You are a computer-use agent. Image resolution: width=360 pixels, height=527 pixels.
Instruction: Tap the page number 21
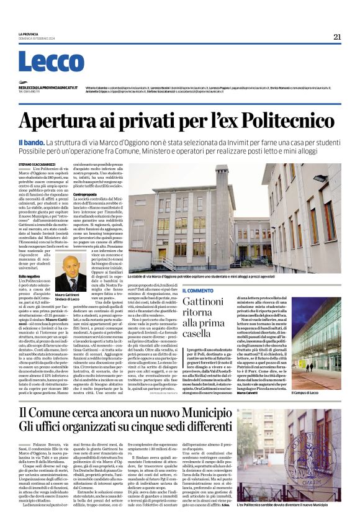click(x=337, y=37)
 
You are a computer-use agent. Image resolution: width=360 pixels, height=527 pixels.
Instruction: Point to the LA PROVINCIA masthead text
click(x=28, y=33)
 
